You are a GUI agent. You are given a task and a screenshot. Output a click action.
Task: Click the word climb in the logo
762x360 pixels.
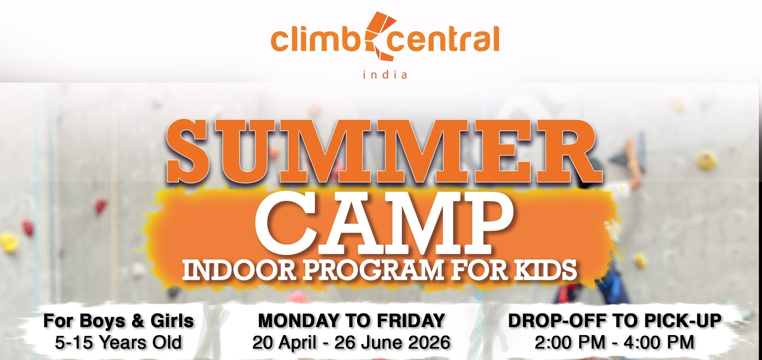(x=318, y=40)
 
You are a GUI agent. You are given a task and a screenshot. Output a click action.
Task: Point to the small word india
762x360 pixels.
(x=385, y=75)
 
